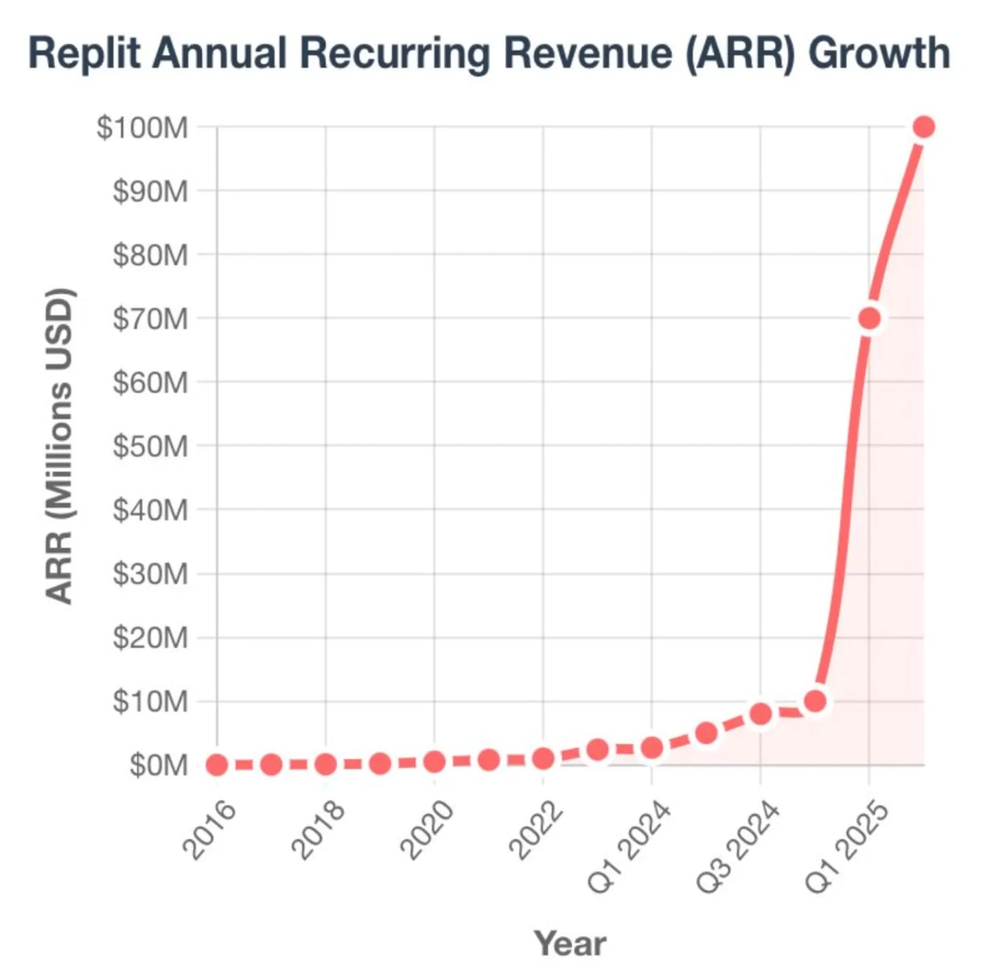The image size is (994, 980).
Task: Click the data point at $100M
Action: [x=923, y=127]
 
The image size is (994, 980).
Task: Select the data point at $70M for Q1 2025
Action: [x=870, y=318]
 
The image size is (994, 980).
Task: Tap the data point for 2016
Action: [x=217, y=765]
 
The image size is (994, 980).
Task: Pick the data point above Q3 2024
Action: [x=761, y=714]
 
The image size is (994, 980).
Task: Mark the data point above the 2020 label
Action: [x=434, y=762]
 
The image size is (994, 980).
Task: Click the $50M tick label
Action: [x=150, y=446]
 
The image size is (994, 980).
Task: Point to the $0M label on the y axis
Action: [x=159, y=765]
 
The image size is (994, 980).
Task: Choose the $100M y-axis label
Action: [x=142, y=128]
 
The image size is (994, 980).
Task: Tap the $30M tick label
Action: [x=150, y=574]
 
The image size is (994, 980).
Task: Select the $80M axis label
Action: [x=150, y=255]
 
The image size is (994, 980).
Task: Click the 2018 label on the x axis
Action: [x=318, y=830]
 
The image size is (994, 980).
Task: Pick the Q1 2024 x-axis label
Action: [x=629, y=847]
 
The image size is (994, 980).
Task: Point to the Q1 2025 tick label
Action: [x=846, y=847]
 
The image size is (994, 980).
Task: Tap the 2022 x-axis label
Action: [x=535, y=830]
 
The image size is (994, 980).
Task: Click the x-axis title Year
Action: [x=570, y=943]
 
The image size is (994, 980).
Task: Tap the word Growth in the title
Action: [x=879, y=54]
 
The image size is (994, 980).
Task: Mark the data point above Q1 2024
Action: [x=651, y=747]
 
